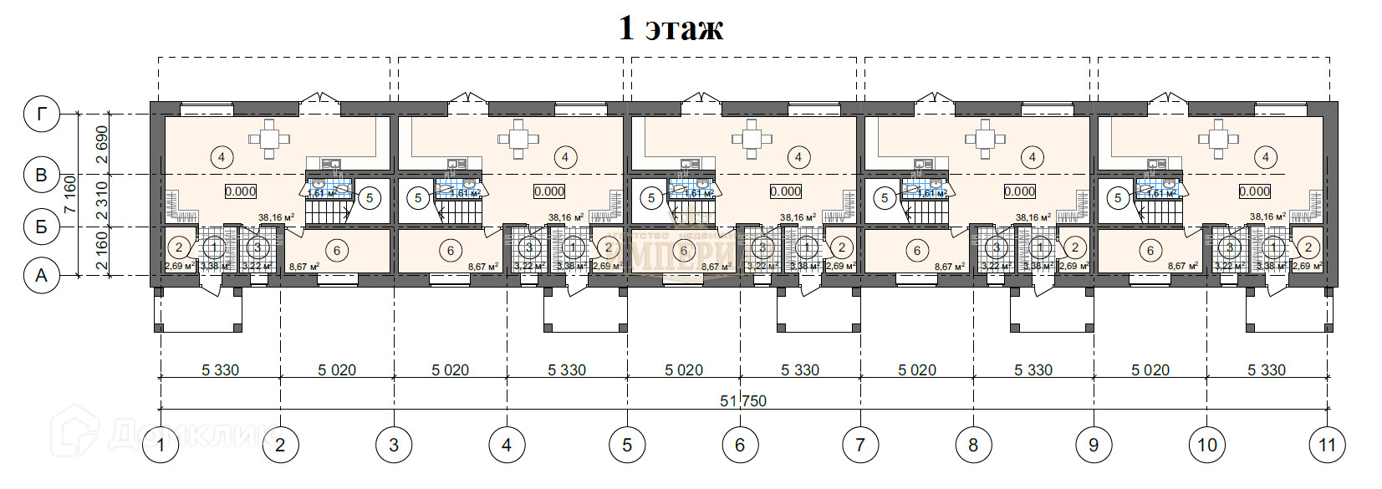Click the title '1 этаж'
click(671, 28)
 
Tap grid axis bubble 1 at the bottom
click(161, 445)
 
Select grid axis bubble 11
click(1327, 445)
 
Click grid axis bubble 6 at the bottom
click(740, 445)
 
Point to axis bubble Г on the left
click(41, 115)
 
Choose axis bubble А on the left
click(41, 275)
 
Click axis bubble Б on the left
click(41, 226)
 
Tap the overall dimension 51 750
click(742, 401)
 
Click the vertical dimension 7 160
click(70, 194)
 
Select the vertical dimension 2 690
click(101, 144)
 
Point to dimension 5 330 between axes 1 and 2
click(220, 369)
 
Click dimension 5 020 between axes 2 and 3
click(337, 369)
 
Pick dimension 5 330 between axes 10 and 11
click(1266, 369)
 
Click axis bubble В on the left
click(41, 176)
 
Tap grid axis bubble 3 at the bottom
click(394, 445)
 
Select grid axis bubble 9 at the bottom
click(1094, 445)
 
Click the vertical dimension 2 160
click(101, 251)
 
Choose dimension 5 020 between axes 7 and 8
click(917, 369)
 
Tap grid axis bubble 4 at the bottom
click(507, 445)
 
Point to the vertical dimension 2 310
click(101, 201)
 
